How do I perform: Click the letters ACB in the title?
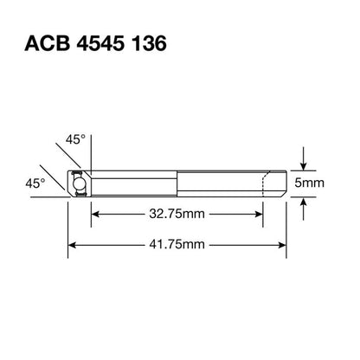(48, 43)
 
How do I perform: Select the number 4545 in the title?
(101, 43)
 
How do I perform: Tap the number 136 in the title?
(150, 43)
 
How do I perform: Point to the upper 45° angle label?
(75, 139)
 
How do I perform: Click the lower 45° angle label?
(35, 183)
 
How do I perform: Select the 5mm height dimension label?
(309, 183)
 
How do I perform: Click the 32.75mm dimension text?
(177, 214)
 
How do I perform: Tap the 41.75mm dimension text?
(177, 245)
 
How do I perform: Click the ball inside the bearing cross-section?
(79, 183)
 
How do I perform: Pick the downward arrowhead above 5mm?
(303, 166)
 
